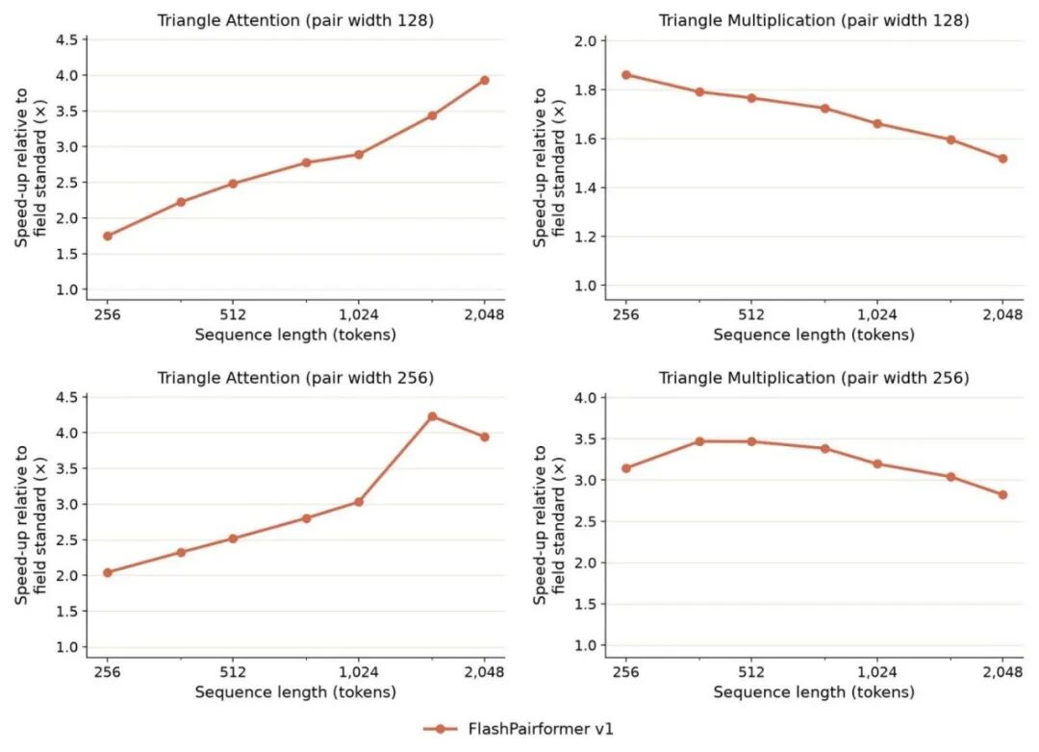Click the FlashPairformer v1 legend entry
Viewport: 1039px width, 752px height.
click(x=519, y=729)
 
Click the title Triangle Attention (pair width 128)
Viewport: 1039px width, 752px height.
click(x=295, y=20)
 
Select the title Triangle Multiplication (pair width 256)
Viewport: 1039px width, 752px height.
click(x=814, y=378)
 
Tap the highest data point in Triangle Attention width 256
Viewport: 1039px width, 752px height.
click(x=432, y=416)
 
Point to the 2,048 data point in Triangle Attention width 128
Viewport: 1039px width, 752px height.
click(x=484, y=80)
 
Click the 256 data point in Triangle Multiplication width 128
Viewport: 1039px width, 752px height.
click(x=626, y=75)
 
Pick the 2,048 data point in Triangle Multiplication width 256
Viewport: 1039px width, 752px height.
click(x=1002, y=495)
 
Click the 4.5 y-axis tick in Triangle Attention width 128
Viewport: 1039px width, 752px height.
click(x=67, y=39)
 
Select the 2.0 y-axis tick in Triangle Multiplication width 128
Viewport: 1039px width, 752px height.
click(x=585, y=41)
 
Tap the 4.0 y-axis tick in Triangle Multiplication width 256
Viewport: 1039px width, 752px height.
click(x=585, y=397)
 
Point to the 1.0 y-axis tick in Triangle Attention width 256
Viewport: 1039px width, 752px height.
click(x=67, y=646)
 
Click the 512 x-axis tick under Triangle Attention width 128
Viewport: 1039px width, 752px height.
click(x=233, y=314)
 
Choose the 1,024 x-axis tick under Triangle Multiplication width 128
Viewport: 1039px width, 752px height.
click(x=877, y=314)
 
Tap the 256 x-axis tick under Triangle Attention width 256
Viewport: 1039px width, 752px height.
click(x=108, y=672)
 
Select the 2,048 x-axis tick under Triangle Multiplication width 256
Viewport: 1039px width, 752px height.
click(x=1002, y=672)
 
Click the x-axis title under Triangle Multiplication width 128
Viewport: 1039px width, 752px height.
click(x=814, y=335)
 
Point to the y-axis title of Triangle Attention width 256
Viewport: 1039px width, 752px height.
click(x=31, y=524)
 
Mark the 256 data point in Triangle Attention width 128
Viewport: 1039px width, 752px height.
click(x=108, y=236)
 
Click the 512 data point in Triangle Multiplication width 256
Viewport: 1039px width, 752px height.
click(x=751, y=441)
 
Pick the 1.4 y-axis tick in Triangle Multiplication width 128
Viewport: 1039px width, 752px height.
click(x=585, y=188)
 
